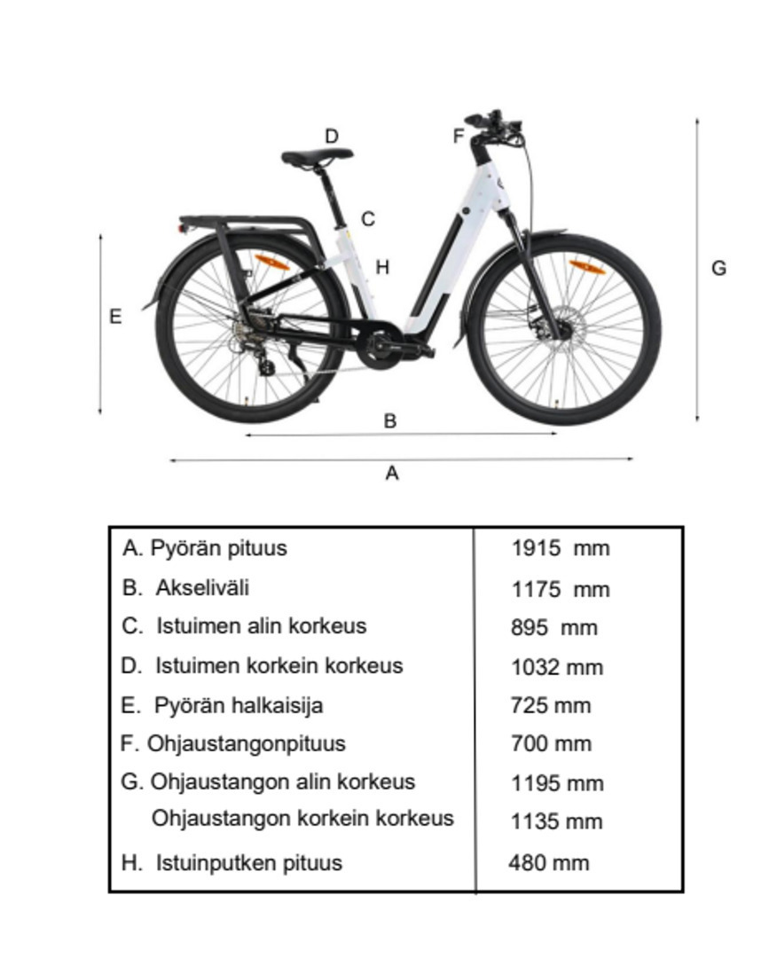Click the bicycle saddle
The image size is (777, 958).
317,157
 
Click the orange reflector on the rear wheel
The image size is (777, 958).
272,263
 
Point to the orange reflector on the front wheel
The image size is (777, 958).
586,267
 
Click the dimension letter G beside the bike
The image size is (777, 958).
719,267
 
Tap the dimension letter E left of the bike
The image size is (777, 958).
115,317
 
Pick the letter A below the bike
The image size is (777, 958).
392,474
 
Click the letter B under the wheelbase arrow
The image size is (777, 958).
389,420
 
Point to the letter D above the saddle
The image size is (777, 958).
332,137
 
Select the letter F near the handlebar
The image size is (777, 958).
459,136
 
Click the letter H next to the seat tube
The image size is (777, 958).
382,266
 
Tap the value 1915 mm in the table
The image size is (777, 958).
560,548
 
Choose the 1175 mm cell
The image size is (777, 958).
560,589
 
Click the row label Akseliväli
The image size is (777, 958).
202,587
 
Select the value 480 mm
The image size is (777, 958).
548,862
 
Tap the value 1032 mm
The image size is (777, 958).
556,667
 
